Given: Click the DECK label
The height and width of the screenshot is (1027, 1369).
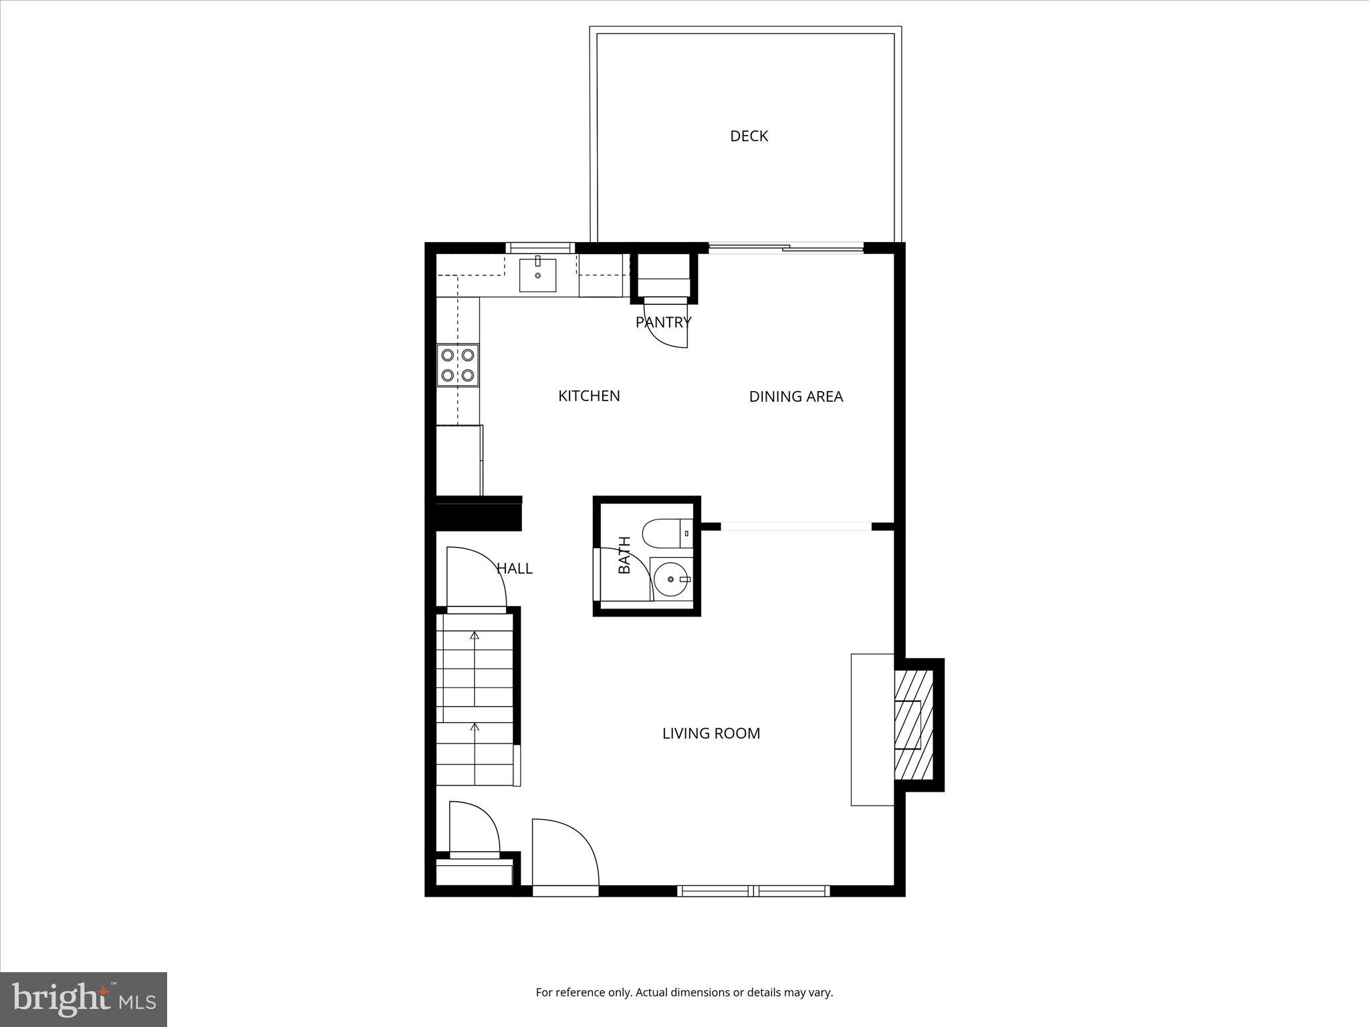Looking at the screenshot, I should (x=749, y=136).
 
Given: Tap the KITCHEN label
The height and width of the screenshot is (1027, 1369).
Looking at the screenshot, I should (x=589, y=396).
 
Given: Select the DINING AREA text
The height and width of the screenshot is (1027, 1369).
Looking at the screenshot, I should (x=795, y=396).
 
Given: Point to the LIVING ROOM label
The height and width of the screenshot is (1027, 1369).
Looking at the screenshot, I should (x=711, y=733).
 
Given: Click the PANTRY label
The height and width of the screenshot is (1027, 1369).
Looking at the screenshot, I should (x=662, y=322).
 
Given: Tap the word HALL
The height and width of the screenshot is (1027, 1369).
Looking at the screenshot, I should (x=514, y=568).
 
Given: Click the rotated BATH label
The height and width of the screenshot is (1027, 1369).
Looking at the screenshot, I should (x=624, y=554).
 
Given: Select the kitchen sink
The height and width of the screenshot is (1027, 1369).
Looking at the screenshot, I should (x=537, y=275).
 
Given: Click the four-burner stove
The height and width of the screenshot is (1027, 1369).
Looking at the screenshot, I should (x=458, y=365).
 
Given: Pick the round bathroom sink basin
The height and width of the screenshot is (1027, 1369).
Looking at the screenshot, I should (x=670, y=579).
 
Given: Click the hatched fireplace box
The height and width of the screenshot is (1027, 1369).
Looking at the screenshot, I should (x=913, y=725).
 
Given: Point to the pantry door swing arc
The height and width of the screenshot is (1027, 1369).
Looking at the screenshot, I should (x=668, y=331).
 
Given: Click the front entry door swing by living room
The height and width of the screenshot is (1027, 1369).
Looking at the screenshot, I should (x=568, y=849).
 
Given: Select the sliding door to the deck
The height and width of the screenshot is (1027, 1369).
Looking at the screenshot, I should (x=786, y=249).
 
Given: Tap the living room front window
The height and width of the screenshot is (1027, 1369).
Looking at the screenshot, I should (x=753, y=891).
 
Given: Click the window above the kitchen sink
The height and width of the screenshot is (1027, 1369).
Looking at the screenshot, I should (x=540, y=247).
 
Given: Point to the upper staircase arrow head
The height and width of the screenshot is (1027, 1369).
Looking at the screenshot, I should (x=475, y=635).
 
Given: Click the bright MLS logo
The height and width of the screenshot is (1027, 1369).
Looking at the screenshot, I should (x=84, y=999).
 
